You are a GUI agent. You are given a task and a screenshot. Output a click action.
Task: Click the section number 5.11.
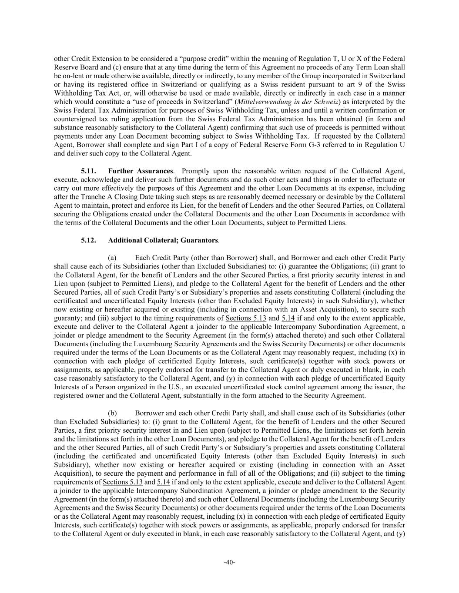click(89, 171)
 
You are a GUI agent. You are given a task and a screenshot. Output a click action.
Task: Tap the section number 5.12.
click(89, 240)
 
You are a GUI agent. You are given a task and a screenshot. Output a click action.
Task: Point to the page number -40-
click(229, 563)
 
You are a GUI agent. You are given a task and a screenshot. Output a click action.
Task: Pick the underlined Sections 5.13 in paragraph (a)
click(246, 318)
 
